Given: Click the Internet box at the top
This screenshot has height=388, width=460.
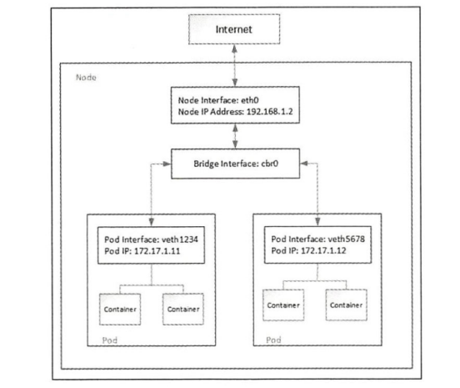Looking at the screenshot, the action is pyautogui.click(x=234, y=29).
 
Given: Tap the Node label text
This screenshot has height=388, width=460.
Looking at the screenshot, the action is pyautogui.click(x=86, y=78).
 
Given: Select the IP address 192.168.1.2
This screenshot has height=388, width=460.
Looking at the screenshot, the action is pyautogui.click(x=270, y=112).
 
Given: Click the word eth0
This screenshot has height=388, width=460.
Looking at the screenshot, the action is pyautogui.click(x=250, y=100).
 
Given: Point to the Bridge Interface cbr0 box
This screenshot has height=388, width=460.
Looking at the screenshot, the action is pyautogui.click(x=235, y=164).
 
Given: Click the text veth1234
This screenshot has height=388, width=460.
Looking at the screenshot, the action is pyautogui.click(x=180, y=239).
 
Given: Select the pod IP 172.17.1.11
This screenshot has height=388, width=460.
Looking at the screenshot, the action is pyautogui.click(x=157, y=251).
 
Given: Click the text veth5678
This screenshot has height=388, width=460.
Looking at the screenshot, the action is pyautogui.click(x=347, y=239).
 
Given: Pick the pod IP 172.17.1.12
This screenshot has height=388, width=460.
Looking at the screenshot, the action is pyautogui.click(x=323, y=250).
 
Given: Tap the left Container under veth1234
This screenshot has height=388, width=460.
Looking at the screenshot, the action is pyautogui.click(x=120, y=309).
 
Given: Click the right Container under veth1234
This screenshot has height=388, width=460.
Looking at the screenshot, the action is pyautogui.click(x=183, y=309).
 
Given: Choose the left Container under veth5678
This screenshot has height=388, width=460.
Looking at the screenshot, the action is pyautogui.click(x=283, y=305).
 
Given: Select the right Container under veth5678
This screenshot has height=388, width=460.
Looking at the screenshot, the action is pyautogui.click(x=346, y=305).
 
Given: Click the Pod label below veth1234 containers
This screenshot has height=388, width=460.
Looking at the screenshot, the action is pyautogui.click(x=110, y=340).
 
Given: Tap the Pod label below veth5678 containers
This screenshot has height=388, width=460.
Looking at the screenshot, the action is pyautogui.click(x=273, y=340).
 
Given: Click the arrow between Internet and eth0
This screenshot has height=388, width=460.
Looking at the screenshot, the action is pyautogui.click(x=235, y=65).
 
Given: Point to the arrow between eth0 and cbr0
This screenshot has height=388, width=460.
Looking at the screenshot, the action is pyautogui.click(x=235, y=136).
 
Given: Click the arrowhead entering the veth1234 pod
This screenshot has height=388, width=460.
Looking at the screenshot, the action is pyautogui.click(x=152, y=221).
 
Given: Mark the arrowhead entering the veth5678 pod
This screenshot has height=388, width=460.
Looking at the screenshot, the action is pyautogui.click(x=317, y=221).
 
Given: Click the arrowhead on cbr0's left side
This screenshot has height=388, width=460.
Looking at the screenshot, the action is pyautogui.click(x=167, y=164).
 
